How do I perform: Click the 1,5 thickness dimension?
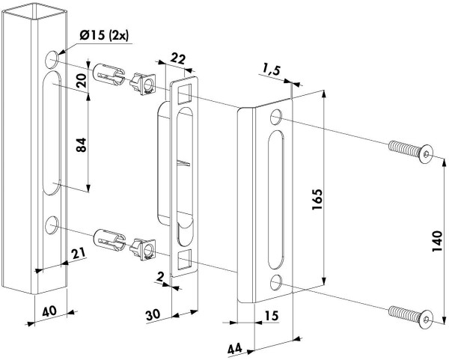click(x=272, y=70)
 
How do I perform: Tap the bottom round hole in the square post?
click(x=52, y=223)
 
